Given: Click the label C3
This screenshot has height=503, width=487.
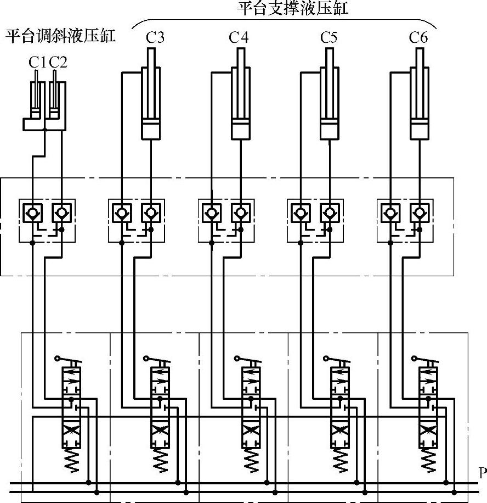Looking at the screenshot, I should click(155, 38).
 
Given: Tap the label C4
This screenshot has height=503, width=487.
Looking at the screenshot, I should click(239, 38).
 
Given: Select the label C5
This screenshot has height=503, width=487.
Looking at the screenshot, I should click(329, 38).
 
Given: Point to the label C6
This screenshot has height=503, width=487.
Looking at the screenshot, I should click(418, 38).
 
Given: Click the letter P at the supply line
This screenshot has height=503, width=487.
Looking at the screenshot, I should click(482, 473).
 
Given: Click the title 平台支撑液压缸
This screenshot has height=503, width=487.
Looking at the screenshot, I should click(285, 9).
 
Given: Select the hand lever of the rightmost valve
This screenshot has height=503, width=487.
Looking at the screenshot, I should click(422, 361).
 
